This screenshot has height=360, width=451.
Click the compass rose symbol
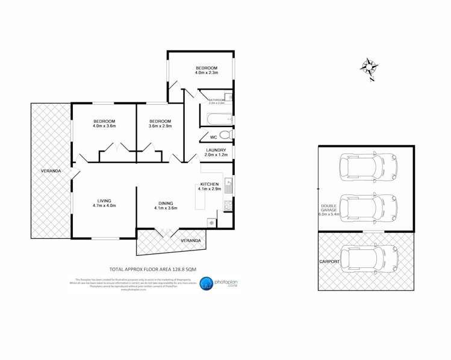point(370,68)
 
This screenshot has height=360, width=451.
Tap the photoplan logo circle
point(207,283)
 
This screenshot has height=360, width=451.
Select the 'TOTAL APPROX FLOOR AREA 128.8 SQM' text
point(152,268)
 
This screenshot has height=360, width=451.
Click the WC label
point(205,137)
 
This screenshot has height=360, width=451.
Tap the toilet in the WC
point(224,134)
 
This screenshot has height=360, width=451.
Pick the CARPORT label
point(330,262)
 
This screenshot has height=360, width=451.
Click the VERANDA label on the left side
point(51,172)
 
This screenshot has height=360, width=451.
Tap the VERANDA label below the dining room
point(191,241)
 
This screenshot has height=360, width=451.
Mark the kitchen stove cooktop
point(229,206)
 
